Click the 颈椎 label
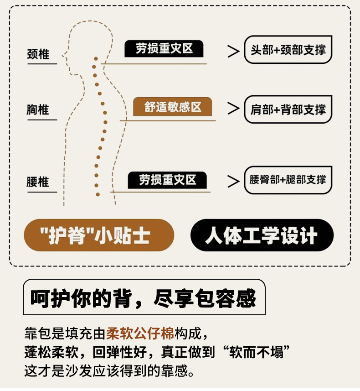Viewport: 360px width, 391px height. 38,54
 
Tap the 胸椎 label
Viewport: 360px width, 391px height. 38,110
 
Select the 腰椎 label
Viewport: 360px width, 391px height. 38,182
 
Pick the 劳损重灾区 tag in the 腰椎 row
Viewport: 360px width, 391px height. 167,180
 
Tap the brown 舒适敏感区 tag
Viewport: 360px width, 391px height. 173,107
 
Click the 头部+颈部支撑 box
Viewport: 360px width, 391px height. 288,50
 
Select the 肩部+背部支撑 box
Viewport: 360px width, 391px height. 288,109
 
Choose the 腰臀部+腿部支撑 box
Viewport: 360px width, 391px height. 288,179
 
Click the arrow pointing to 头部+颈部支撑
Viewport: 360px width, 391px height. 233,51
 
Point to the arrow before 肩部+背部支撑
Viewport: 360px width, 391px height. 233,109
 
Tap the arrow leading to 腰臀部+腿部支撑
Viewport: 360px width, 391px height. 233,181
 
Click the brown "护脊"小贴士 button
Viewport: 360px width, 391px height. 99,235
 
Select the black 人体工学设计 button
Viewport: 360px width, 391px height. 262,235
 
